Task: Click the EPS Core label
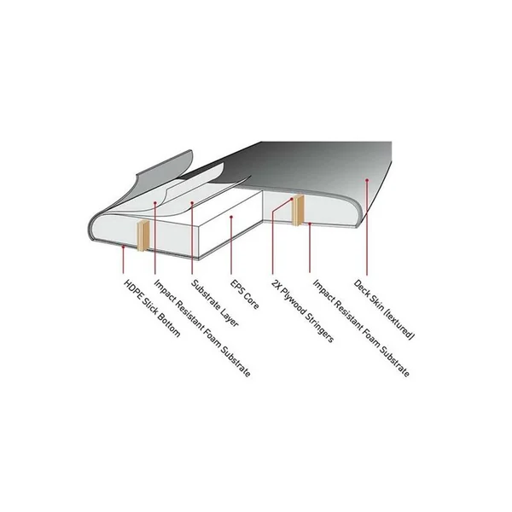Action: pos(245,294)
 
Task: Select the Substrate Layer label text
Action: pos(215,303)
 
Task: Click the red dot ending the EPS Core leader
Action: pos(231,217)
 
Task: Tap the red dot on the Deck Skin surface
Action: pos(367,180)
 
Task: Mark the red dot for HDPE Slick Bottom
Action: pos(124,247)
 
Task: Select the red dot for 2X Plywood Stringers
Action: pos(292,199)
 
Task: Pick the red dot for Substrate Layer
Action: pos(192,203)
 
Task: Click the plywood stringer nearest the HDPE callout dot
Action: pos(143,236)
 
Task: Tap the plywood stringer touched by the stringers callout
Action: pos(298,210)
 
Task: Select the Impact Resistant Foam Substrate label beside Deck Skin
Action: pos(361,329)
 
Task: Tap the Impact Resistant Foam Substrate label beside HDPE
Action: pos(202,329)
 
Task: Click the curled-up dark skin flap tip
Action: pos(190,152)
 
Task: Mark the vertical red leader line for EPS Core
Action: pos(231,245)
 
